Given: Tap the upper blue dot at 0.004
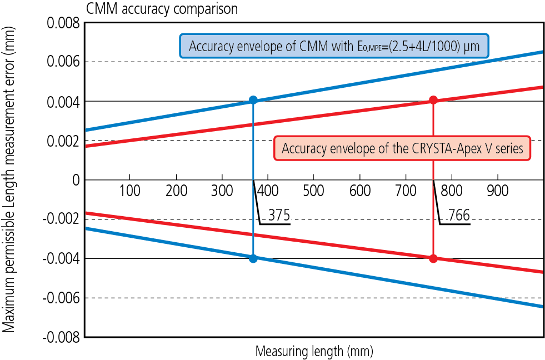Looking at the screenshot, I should pyautogui.click(x=253, y=100).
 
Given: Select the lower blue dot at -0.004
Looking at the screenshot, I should pyautogui.click(x=253, y=258).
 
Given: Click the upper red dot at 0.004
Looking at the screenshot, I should pyautogui.click(x=433, y=100).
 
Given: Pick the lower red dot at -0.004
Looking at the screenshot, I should pyautogui.click(x=433, y=258).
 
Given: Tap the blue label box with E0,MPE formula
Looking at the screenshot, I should pyautogui.click(x=334, y=46).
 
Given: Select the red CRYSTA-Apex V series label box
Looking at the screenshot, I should pyautogui.click(x=402, y=149).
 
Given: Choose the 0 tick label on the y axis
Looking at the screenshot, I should pyautogui.click(x=74, y=180).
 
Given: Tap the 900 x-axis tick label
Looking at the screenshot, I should pyautogui.click(x=497, y=191).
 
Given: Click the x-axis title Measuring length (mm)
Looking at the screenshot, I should pyautogui.click(x=314, y=351).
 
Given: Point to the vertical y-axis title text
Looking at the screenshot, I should pyautogui.click(x=9, y=180).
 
